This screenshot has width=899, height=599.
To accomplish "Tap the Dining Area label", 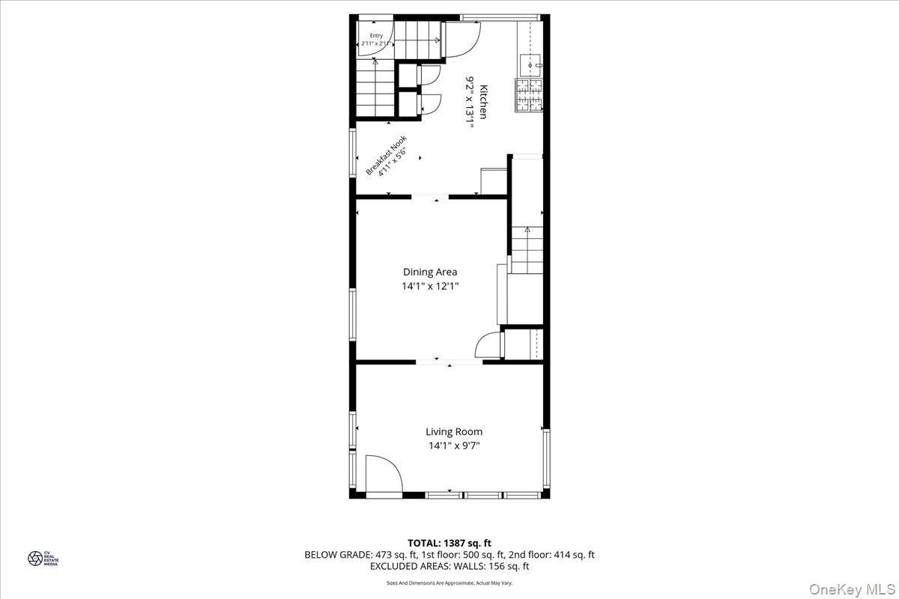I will click(x=430, y=272).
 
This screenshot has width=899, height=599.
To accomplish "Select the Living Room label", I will click(x=454, y=431).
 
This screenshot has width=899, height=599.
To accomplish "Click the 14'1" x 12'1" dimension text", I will click(x=430, y=285).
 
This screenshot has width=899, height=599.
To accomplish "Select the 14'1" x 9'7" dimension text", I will click(x=454, y=446).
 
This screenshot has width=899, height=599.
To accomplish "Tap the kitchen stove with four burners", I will click(x=528, y=96).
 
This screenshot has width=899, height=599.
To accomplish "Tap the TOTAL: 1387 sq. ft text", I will click(x=449, y=543).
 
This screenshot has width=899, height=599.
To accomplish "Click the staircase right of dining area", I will click(x=527, y=251).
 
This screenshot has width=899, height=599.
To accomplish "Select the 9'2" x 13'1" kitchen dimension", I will click(x=470, y=100).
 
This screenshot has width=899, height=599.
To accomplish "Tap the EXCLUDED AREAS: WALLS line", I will click(x=449, y=567).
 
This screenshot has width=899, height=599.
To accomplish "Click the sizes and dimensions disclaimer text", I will click(x=449, y=582).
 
